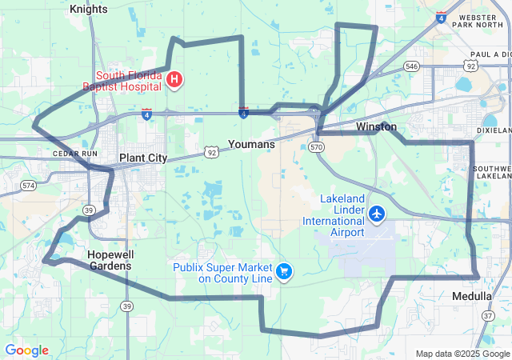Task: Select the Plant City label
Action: click(143, 158)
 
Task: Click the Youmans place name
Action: click(251, 145)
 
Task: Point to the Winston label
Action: click(376, 127)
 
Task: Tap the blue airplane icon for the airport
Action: click(377, 214)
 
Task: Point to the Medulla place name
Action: click(472, 296)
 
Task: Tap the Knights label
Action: click(88, 9)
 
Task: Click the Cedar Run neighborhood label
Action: click(74, 153)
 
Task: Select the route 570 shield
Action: click(317, 147)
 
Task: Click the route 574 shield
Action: click(29, 185)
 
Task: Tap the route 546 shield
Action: click(411, 66)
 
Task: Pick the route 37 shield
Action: click(488, 317)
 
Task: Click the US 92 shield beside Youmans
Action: click(211, 150)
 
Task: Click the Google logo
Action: click(26, 350)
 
